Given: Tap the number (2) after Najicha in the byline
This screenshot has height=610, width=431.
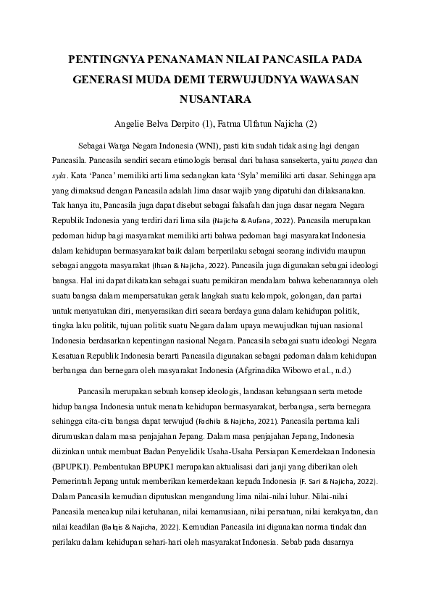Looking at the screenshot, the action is pos(312,124).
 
